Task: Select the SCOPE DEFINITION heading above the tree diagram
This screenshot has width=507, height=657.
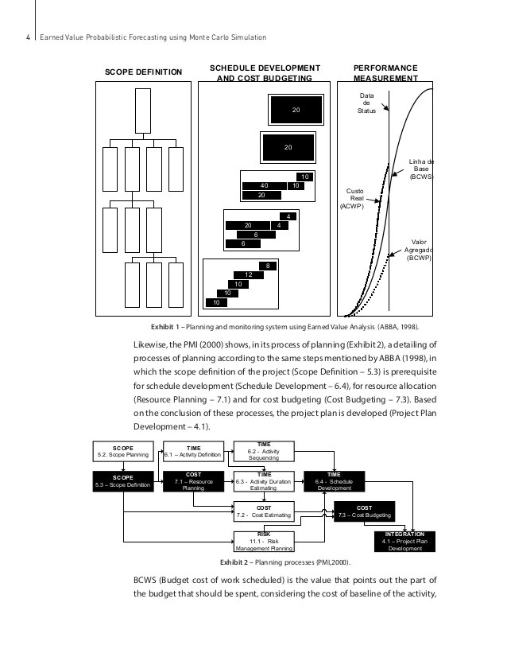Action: click(144, 73)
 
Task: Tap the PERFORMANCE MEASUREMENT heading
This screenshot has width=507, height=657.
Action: click(385, 73)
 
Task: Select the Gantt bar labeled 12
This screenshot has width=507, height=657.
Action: click(248, 274)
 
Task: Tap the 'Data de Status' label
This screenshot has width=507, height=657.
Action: click(366, 103)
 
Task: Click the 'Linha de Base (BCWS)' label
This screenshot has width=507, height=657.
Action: click(420, 169)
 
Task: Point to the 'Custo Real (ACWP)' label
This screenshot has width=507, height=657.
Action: click(354, 198)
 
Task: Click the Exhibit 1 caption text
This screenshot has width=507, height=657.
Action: click(285, 326)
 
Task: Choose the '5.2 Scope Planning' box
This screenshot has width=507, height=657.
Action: click(122, 451)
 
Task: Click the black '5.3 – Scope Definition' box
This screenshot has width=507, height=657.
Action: click(122, 481)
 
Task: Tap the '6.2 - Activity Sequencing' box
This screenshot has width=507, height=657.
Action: click(263, 451)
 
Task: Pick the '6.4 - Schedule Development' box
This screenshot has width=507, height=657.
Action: click(334, 481)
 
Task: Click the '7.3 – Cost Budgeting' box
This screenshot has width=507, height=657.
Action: click(364, 511)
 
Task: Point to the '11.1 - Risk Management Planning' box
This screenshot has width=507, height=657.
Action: click(263, 542)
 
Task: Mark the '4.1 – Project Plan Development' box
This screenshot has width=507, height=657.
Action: click(404, 541)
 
